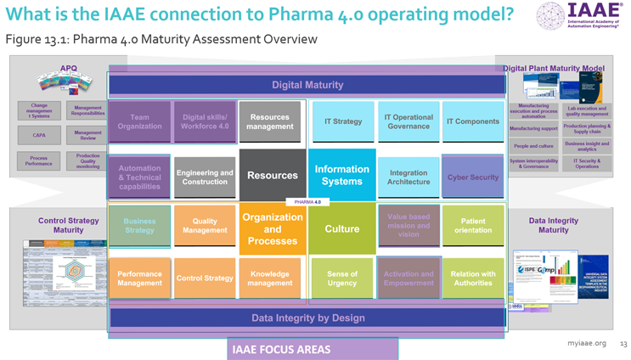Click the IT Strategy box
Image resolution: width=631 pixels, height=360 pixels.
point(343,121)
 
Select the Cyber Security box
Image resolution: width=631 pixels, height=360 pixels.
point(472,177)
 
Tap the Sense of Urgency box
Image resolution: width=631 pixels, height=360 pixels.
point(341,278)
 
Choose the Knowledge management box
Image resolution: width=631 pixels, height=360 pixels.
point(270,278)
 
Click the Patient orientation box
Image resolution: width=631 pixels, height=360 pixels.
point(472,226)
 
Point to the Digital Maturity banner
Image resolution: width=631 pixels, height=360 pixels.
point(307,85)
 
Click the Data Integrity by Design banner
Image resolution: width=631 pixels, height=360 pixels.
point(307,318)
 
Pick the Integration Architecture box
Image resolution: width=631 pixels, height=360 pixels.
point(408,177)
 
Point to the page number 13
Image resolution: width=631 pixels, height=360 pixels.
point(623,344)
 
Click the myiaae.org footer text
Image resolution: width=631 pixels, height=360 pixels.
point(587,344)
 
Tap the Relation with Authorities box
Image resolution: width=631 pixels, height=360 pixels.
point(472,278)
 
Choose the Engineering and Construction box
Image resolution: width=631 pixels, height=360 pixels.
point(205,177)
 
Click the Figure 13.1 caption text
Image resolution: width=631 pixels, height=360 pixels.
point(161,39)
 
